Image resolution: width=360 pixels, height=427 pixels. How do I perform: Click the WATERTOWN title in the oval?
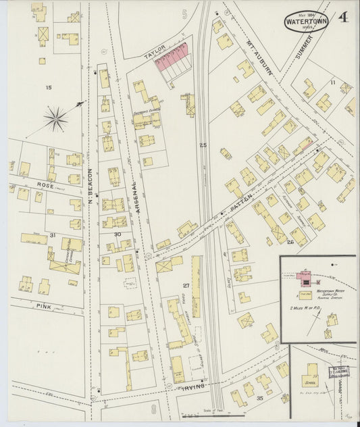point(306,20)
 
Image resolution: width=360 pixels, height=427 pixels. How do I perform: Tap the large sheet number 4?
point(344,17)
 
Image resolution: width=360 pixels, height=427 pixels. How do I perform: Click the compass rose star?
point(56,119)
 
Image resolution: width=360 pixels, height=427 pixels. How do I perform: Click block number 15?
point(48,88)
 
